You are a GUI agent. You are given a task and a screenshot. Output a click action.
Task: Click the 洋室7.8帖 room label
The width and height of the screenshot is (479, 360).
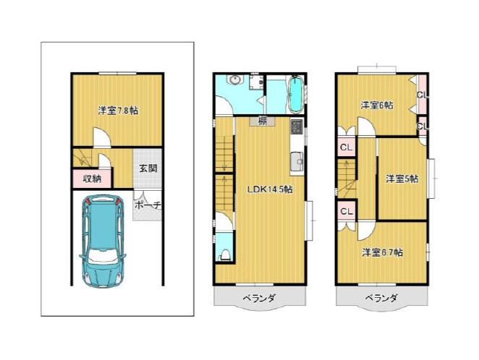tap(118, 110)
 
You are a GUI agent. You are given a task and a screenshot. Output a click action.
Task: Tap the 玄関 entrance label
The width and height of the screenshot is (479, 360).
tap(148, 168)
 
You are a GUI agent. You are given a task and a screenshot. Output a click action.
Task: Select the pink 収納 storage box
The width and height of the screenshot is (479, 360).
tap(93, 178)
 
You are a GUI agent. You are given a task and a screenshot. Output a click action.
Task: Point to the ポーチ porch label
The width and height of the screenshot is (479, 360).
tap(148, 205)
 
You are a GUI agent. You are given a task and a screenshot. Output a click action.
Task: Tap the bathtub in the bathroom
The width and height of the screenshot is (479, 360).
tap(295, 94)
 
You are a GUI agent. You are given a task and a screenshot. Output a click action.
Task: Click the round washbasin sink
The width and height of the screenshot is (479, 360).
tap(235, 80)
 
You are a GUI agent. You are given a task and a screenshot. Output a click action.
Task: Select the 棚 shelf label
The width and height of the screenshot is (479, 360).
tap(262, 121)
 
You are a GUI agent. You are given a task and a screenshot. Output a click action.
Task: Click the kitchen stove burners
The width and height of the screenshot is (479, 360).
tap(297, 127)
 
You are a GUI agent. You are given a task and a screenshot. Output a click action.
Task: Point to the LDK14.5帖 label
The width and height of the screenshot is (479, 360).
tap(270, 189)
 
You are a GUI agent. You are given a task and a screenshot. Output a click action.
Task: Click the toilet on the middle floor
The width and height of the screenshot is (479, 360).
tap(224, 254)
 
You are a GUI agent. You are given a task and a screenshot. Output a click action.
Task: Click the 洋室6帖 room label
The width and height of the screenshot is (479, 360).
tap(377, 106)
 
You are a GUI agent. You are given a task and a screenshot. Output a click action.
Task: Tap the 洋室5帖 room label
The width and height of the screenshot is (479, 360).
tap(402, 179)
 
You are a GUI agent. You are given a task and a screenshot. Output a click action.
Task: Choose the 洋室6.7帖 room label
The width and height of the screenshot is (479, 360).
tap(382, 252)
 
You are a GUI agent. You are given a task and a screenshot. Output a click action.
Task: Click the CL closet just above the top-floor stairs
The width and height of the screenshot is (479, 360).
tap(347, 147)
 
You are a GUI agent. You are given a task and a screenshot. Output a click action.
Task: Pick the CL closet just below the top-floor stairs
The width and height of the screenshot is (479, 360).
tap(347, 211)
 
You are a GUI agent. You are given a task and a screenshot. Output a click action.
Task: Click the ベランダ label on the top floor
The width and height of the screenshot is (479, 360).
tap(381, 297)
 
